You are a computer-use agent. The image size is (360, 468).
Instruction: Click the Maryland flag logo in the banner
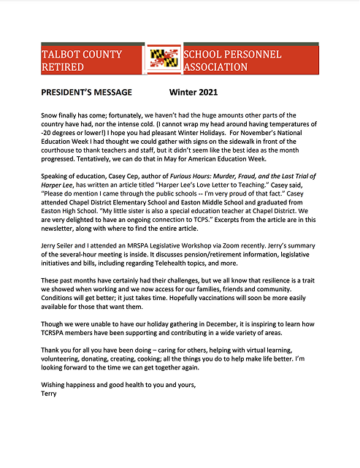click(164, 60)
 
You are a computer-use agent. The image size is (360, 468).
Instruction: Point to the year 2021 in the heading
click(203, 93)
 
